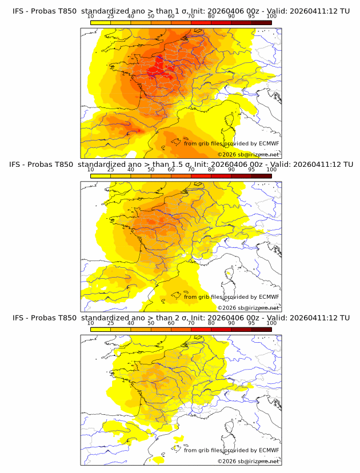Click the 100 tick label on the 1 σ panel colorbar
tap(271, 17)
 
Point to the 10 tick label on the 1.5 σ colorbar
tap(91, 170)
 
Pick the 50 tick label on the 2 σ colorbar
tap(151, 323)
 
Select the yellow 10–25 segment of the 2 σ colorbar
tap(101, 328)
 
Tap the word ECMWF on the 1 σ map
tap(269, 143)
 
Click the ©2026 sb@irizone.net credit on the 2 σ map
tap(248, 460)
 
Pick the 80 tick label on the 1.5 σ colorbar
tap(211, 170)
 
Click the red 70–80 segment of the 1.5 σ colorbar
tap(201, 175)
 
